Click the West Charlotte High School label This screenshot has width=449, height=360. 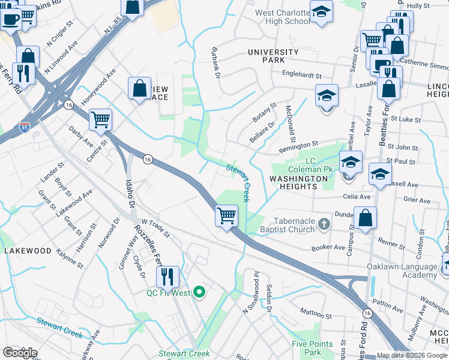coord(282,17)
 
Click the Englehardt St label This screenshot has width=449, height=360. coord(303,76)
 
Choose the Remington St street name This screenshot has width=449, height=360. coord(298,146)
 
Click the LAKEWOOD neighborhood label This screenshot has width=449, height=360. coord(28,250)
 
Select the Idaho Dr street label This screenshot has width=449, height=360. coord(128,191)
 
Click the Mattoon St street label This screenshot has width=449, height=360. coord(316,314)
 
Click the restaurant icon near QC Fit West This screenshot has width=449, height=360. coord(167,277)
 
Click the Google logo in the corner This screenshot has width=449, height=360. coord(20,353)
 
